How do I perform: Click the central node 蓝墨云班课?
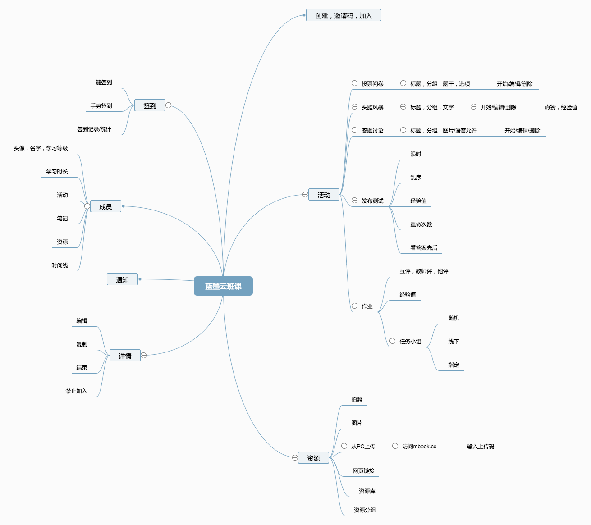tap(223, 286)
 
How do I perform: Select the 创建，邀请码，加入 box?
tap(344, 15)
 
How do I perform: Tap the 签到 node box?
tap(150, 105)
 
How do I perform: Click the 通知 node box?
tap(122, 279)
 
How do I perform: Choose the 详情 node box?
tap(125, 356)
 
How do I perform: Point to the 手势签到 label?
tap(101, 106)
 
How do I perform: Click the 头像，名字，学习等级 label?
tap(41, 148)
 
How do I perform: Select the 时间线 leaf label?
tap(60, 265)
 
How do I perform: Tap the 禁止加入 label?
tap(76, 391)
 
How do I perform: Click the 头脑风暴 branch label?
tap(372, 107)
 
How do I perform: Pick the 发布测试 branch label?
tap(372, 201)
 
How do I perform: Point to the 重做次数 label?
tap(421, 224)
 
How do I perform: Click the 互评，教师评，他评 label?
tap(424, 271)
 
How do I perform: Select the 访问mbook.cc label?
tap(419, 447)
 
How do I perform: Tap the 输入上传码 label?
tap(481, 447)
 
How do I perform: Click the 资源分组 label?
tap(365, 510)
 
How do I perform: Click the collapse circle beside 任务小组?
tap(392, 341)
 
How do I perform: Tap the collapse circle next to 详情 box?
tap(144, 355)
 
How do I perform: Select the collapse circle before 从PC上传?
tap(344, 446)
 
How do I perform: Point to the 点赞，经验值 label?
tap(561, 107)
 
